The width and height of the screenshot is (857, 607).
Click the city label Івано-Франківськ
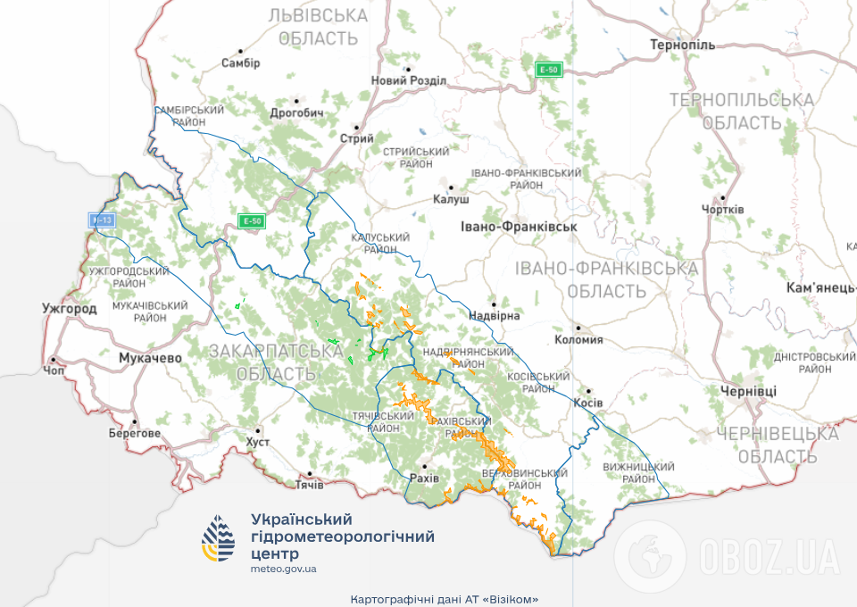point(519,227)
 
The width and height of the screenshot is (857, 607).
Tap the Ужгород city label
point(69,309)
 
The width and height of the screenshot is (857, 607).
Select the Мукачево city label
point(150,358)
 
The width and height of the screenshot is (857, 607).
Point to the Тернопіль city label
point(683,45)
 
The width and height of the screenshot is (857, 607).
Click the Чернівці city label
point(749,391)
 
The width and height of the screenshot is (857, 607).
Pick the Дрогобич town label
point(296,113)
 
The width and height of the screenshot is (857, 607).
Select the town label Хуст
point(257,442)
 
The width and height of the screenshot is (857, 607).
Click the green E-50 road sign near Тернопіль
point(549,70)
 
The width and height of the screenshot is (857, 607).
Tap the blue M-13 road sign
point(102,219)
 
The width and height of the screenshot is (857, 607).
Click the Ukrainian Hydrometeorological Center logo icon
point(220,538)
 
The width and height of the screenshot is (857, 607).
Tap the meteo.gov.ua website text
point(284,569)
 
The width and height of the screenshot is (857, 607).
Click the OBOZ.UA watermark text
point(769,557)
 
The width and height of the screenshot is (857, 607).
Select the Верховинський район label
point(524,478)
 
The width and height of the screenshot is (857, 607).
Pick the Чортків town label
point(722,209)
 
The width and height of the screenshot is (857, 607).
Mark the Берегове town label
point(135,433)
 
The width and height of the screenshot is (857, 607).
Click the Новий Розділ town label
point(409,80)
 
